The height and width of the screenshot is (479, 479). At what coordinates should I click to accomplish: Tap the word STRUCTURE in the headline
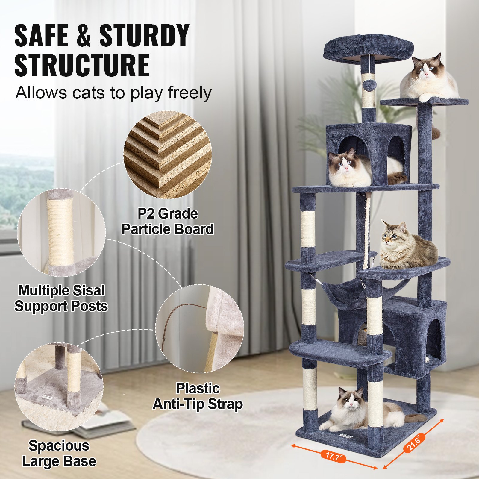tap(82, 65)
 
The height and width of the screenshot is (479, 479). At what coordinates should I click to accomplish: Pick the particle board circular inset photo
tap(168, 154)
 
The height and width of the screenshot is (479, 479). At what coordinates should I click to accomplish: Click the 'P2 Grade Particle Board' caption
tap(168, 222)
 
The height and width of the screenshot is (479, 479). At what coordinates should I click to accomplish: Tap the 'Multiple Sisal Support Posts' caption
tap(61, 298)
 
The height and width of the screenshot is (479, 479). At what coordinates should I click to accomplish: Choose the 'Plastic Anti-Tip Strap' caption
tap(198, 396)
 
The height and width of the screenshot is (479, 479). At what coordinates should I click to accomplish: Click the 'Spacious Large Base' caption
tap(59, 453)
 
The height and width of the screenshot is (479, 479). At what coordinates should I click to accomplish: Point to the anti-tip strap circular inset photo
tap(200, 328)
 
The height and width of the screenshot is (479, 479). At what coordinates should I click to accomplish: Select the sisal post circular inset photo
tap(61, 232)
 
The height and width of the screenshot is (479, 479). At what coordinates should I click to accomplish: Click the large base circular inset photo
tap(59, 386)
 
